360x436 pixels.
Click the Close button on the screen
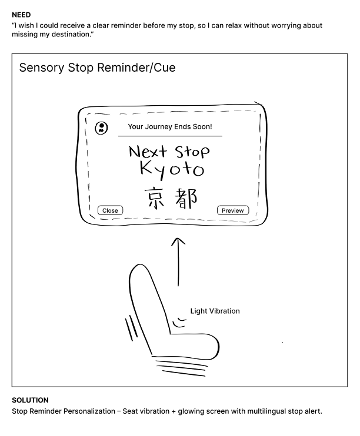point(110,210)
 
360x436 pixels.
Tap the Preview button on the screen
point(233,210)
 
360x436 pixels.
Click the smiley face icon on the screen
point(101,128)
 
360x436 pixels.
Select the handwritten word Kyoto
point(172,170)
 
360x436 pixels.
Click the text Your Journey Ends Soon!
point(170,126)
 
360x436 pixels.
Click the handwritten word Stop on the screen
point(192,152)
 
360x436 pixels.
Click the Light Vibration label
point(215,311)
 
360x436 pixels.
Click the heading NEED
point(22,14)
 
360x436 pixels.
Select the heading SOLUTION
point(30,400)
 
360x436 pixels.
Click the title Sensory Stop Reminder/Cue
point(97,68)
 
